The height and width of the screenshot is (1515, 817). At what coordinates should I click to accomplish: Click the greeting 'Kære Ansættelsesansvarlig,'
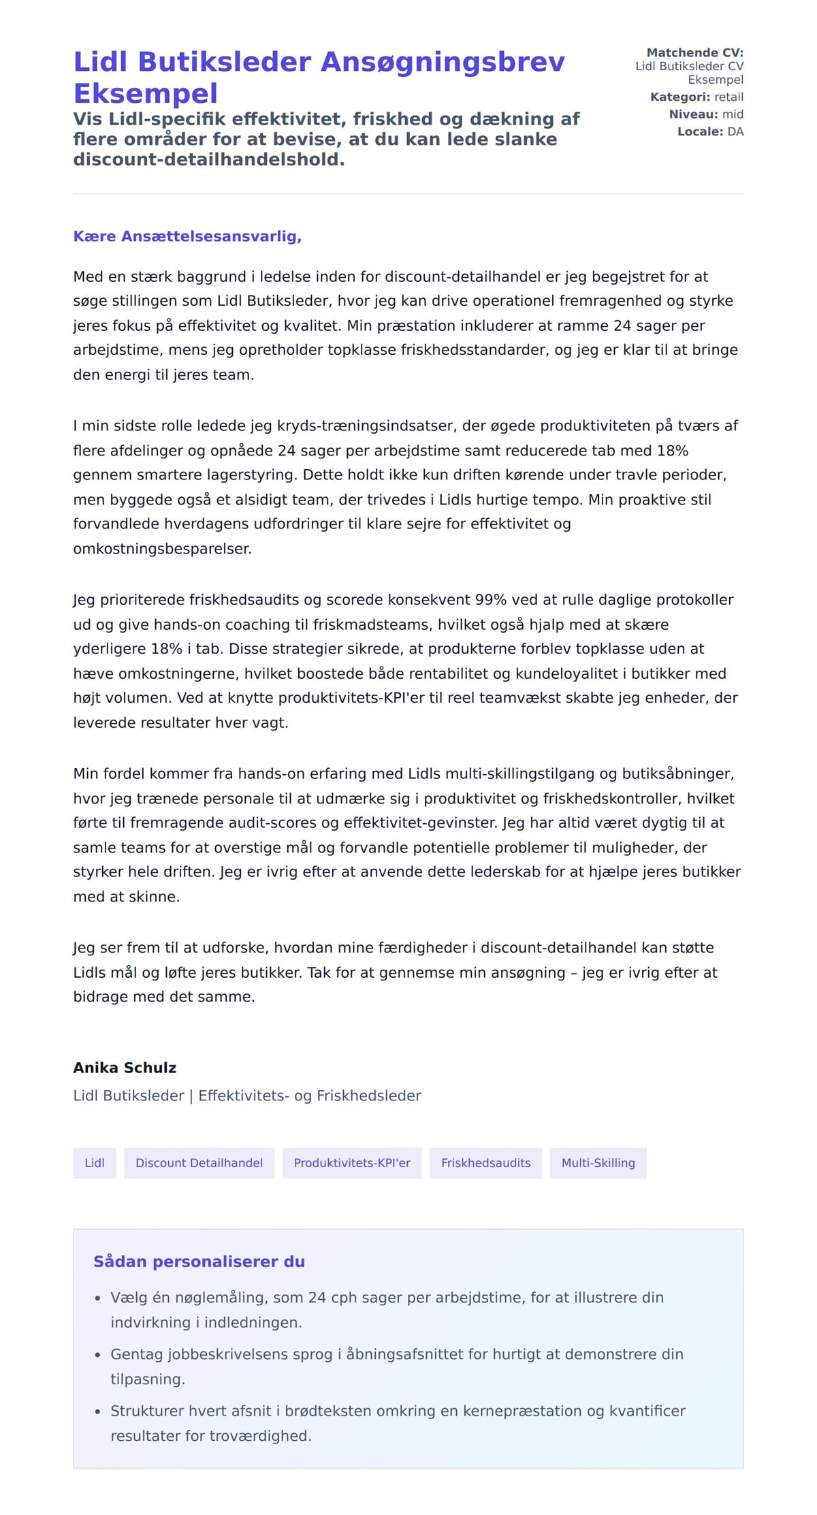point(187,236)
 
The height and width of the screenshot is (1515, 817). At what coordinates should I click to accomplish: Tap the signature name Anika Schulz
point(125,1068)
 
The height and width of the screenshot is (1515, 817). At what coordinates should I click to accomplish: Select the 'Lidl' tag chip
point(95,1163)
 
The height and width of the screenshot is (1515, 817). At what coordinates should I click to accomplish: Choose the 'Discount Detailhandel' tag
point(199,1163)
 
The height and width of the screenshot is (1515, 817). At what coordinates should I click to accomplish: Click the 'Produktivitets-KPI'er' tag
point(352,1163)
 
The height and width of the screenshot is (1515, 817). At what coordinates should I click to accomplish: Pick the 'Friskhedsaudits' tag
point(485,1163)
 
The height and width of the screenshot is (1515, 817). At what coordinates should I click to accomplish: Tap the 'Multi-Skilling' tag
point(598,1163)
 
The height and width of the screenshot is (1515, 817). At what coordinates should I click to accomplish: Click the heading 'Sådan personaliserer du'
point(199,1262)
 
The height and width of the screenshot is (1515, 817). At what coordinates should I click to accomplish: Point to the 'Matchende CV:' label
point(694,52)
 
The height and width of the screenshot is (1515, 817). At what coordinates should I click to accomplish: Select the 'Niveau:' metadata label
point(693,114)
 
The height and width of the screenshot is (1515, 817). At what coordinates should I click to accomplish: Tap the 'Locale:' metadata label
point(700,131)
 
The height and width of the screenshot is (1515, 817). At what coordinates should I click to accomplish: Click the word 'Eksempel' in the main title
point(146,93)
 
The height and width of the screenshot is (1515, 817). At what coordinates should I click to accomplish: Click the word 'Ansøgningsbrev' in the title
point(443,62)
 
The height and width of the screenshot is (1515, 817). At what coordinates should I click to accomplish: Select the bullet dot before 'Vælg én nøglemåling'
point(98,1298)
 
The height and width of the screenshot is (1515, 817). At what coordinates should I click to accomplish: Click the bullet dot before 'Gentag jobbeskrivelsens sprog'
point(98,1355)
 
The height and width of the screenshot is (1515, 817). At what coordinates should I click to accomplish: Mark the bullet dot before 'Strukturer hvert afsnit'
point(98,1412)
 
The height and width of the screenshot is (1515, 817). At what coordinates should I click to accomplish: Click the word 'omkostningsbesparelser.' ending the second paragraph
point(162,549)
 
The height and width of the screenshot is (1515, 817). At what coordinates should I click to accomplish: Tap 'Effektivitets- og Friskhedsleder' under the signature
point(310,1096)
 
